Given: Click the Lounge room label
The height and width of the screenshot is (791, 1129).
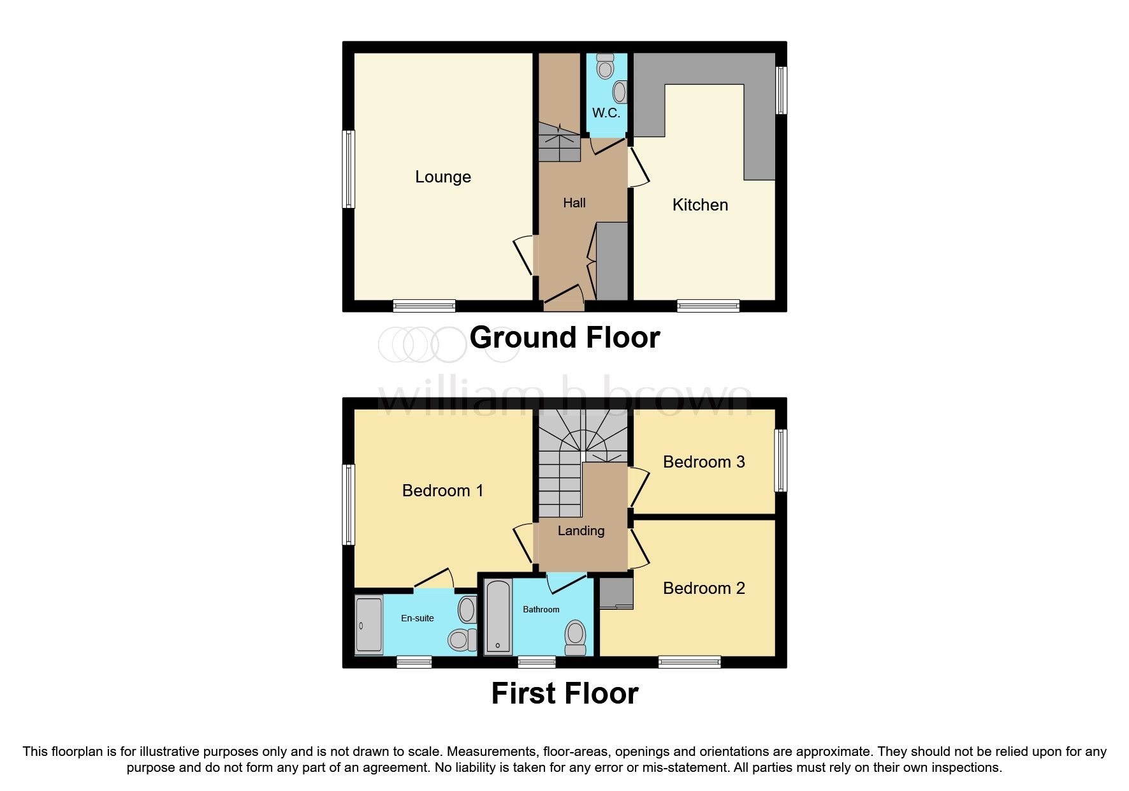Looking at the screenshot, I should tap(442, 177).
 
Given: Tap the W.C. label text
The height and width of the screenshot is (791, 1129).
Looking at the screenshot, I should tap(606, 113).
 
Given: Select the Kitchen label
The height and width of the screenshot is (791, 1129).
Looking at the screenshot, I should tap(700, 205).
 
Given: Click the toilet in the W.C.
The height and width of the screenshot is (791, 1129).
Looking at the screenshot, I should tap(605, 66).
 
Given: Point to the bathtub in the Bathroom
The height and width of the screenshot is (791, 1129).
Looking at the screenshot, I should tap(498, 617).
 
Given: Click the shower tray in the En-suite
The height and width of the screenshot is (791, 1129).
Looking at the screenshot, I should tap(368, 625).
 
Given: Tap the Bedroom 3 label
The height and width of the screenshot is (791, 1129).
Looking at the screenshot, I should tap(704, 462).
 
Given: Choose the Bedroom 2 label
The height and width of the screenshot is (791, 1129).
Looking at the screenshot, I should tap(704, 588).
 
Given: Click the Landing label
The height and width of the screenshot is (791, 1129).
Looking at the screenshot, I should tap(581, 531).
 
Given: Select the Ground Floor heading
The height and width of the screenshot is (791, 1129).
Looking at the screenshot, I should tap(564, 337).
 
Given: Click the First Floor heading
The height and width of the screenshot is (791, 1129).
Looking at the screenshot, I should tap(564, 693).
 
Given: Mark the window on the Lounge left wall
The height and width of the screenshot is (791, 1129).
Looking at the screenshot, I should tap(348, 169).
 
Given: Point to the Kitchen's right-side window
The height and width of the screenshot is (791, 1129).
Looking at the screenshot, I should tap(781, 90).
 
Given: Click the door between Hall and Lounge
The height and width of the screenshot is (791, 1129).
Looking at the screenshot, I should tap(524, 255).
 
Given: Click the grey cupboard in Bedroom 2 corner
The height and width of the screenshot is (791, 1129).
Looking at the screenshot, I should tap(616, 593).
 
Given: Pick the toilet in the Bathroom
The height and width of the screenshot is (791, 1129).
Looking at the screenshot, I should tap(575, 637).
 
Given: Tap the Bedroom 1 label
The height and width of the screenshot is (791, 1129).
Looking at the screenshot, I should tap(442, 491).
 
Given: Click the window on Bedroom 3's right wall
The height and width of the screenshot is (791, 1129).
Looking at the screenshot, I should tap(781, 460).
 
